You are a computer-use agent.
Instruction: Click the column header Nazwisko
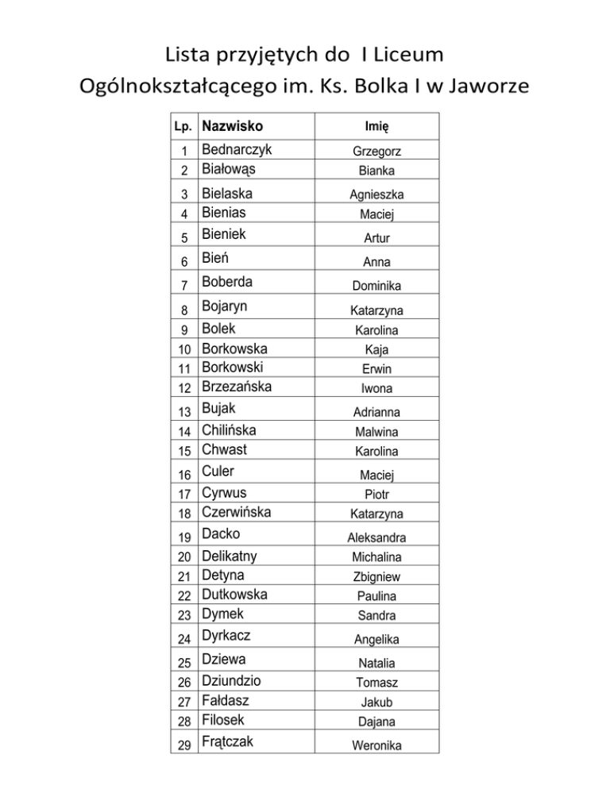[x=232, y=125]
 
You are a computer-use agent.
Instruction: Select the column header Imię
[x=376, y=126]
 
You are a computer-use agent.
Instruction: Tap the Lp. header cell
[x=184, y=126]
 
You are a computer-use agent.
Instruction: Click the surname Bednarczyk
[x=237, y=150]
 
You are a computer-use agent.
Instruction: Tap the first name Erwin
[x=376, y=369]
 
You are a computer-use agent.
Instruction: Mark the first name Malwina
[x=377, y=433]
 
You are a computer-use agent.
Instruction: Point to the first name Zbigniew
[x=378, y=577]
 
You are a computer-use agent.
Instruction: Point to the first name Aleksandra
[x=378, y=538]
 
